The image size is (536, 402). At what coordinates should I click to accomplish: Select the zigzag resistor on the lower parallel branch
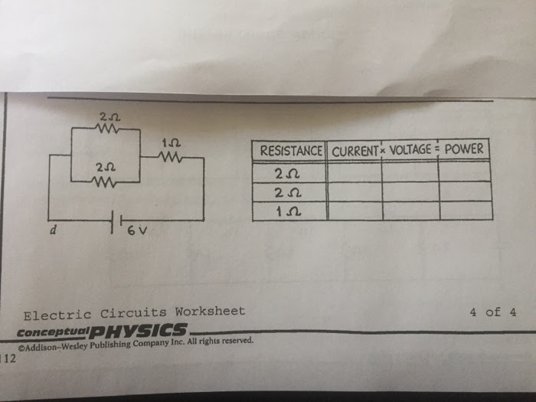coord(105,181)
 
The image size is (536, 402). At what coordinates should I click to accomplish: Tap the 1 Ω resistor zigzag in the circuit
coord(169,158)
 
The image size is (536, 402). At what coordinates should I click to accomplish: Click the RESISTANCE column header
coord(290,150)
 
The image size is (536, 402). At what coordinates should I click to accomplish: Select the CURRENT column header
coord(354,150)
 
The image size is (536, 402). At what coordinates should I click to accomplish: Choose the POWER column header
coord(464,149)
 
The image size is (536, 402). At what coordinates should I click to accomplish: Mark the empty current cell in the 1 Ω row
coord(355,211)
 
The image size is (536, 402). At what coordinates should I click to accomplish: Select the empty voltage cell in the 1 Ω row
coord(410,210)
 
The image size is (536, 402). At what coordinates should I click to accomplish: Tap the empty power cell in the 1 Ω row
coord(464,209)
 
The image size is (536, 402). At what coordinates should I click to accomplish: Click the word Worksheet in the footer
coord(210,312)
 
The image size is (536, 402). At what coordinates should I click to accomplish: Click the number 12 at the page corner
coord(8,357)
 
